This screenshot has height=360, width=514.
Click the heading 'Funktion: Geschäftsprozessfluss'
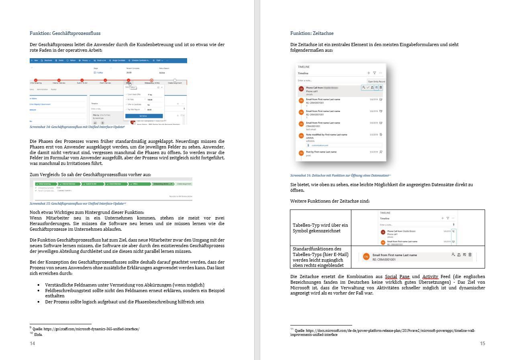[65, 33]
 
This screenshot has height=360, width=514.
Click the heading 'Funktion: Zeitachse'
[312, 33]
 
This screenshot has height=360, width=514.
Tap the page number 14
[33, 344]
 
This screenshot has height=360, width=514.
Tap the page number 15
[483, 344]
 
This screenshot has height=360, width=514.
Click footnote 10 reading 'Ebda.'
[38, 334]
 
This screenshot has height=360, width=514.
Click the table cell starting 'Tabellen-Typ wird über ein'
[320, 228]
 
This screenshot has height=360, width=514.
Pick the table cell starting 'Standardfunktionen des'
[320, 257]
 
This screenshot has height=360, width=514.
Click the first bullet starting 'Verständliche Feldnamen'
[124, 285]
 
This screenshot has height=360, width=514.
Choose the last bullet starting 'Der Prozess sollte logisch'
[124, 302]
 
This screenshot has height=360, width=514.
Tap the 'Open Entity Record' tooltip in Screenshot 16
[376, 81]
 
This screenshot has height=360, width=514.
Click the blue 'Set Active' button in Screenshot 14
[143, 116]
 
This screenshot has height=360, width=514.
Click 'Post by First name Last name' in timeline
[321, 152]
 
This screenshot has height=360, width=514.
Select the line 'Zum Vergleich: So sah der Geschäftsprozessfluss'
[90, 175]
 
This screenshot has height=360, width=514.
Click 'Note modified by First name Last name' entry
[326, 134]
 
